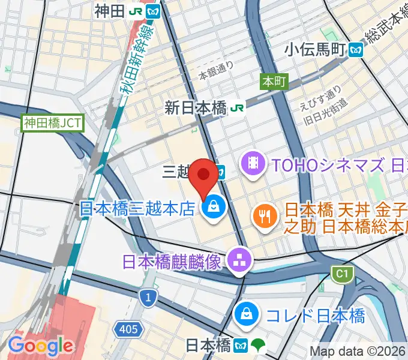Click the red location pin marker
(x=204, y=175)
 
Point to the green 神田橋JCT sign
(x=53, y=124)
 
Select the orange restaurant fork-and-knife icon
(x=263, y=215)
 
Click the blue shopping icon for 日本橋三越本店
(x=212, y=208)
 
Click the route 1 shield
(x=148, y=296)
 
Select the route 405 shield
(x=131, y=329)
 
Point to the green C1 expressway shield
(x=341, y=275)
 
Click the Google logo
(x=40, y=345)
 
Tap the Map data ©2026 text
(x=358, y=351)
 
